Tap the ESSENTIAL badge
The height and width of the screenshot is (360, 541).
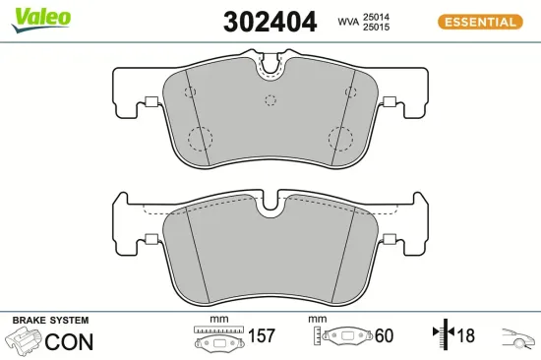(x=478, y=21)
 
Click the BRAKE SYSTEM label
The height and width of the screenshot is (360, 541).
(x=50, y=321)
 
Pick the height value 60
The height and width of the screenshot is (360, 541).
(x=384, y=336)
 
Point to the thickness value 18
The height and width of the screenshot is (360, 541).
(x=465, y=336)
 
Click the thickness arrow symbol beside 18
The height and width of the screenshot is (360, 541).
(x=442, y=336)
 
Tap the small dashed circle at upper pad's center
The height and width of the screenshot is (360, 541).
(x=270, y=97)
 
